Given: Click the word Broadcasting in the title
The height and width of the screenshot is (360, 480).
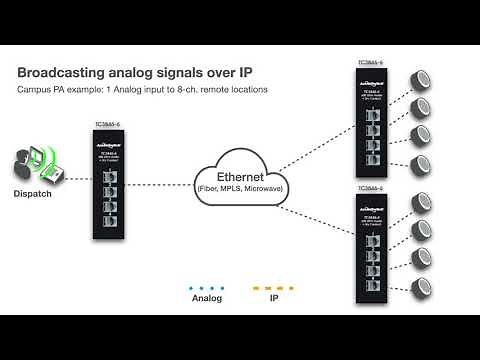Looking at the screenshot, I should coord(64,73).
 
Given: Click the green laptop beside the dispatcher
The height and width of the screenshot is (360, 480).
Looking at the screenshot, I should coord(47,158).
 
